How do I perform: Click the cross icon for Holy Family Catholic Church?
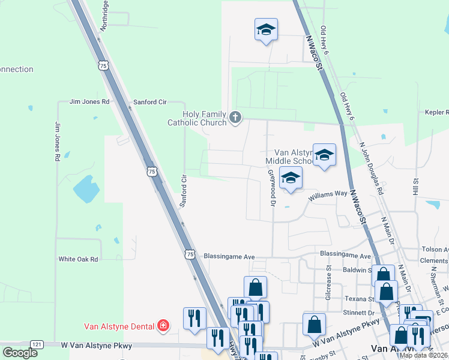[x=236, y=118]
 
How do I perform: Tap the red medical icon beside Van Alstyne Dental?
[x=163, y=327]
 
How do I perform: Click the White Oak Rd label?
[x=78, y=259]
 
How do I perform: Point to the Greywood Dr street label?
[x=271, y=188]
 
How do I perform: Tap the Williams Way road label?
[x=328, y=195]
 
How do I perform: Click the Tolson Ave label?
[x=435, y=250]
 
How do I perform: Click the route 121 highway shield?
[x=37, y=344]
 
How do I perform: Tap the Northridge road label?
[x=104, y=16]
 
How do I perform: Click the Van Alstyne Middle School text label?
[x=290, y=157]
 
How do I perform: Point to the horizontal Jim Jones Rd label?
[x=89, y=102]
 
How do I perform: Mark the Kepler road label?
[x=436, y=112]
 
